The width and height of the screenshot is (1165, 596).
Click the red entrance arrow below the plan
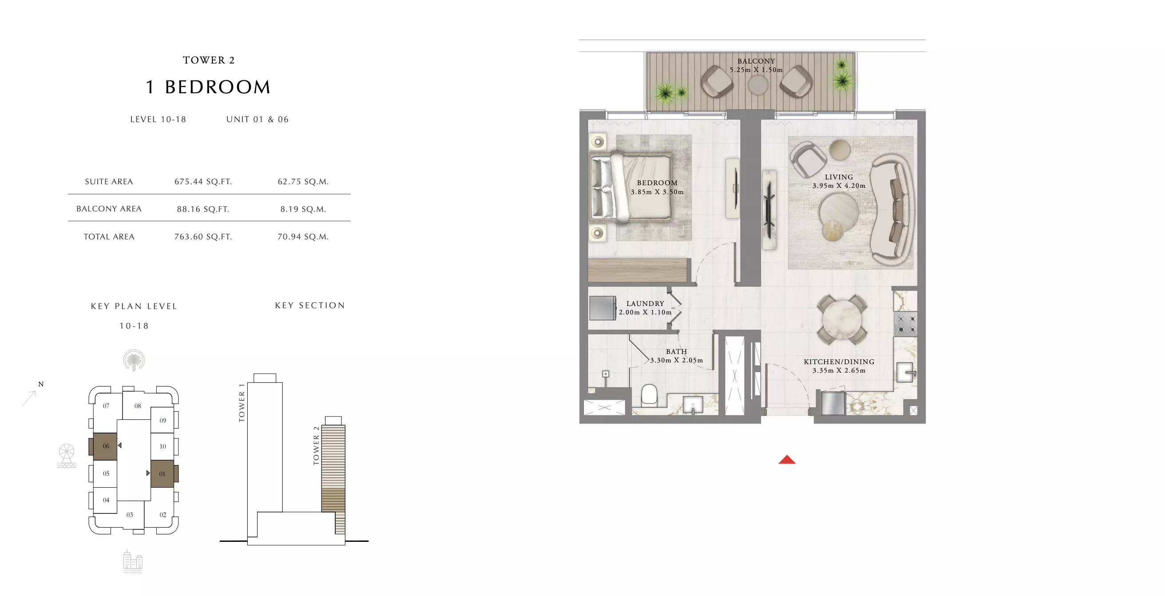(787, 460)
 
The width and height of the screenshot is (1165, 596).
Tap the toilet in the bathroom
(650, 395)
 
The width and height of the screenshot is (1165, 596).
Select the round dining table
(842, 319)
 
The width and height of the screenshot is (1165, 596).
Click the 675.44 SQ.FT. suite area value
(203, 182)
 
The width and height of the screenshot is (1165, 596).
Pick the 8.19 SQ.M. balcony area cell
(303, 209)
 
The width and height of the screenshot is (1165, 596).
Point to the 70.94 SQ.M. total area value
(303, 237)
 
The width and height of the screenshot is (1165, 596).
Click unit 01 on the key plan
(162, 474)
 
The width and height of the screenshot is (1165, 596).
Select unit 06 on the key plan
(105, 446)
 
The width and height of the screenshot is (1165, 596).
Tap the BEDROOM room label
(657, 183)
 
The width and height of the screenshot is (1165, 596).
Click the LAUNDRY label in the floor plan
(645, 304)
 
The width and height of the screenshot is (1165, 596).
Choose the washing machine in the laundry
(602, 308)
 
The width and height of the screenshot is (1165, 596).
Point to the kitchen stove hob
(906, 324)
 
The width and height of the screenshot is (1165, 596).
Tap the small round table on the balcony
(757, 85)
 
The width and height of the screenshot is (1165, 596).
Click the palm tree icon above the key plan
(134, 360)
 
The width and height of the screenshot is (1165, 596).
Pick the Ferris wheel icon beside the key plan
(67, 455)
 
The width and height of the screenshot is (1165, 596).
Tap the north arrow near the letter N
(29, 398)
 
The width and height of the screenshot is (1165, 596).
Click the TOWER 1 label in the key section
(242, 402)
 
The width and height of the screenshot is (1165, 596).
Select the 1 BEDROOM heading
(208, 87)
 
